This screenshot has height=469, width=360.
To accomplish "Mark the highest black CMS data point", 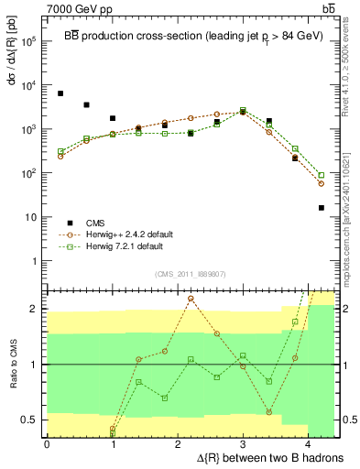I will pos(60,93).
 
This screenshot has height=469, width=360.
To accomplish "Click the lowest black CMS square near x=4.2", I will pos(322,208).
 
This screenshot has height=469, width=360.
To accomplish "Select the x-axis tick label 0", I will pos(47,443).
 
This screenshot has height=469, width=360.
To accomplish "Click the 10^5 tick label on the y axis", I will pos(28,41).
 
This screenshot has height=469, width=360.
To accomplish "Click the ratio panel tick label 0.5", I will pos(29,420).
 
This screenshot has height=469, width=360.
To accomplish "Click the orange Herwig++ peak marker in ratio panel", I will pos(191,299).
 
